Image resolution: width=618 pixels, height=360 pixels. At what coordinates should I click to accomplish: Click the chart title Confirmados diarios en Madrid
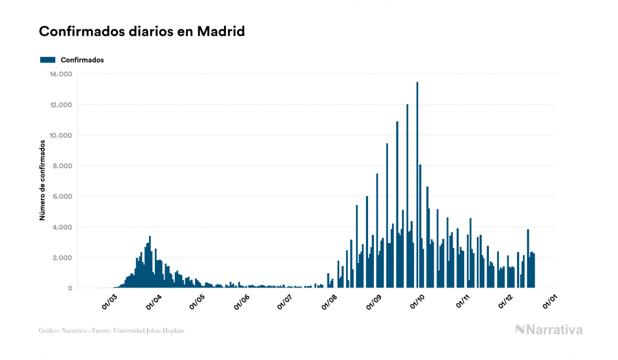[x=142, y=32]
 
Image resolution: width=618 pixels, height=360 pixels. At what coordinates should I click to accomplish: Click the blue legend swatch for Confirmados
[x=48, y=60]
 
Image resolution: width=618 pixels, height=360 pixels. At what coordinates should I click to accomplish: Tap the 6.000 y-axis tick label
[x=61, y=197]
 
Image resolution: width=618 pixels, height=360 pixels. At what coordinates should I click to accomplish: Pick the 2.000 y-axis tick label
[x=61, y=258]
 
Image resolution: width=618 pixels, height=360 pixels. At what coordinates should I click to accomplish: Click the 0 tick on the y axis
[x=69, y=288]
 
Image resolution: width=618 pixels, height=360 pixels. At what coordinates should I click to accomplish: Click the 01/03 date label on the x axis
[x=109, y=301]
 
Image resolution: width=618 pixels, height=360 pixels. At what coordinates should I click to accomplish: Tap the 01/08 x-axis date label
[x=330, y=301]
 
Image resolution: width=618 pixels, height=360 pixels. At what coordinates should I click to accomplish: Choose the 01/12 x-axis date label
[x=505, y=301]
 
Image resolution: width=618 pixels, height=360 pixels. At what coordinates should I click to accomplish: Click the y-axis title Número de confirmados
[x=42, y=181]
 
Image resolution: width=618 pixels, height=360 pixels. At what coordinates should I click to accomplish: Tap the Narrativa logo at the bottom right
[x=549, y=330]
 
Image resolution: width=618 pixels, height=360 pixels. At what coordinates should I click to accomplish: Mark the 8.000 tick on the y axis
[x=61, y=166]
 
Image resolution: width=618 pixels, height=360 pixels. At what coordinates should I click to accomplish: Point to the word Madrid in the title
[x=221, y=32]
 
